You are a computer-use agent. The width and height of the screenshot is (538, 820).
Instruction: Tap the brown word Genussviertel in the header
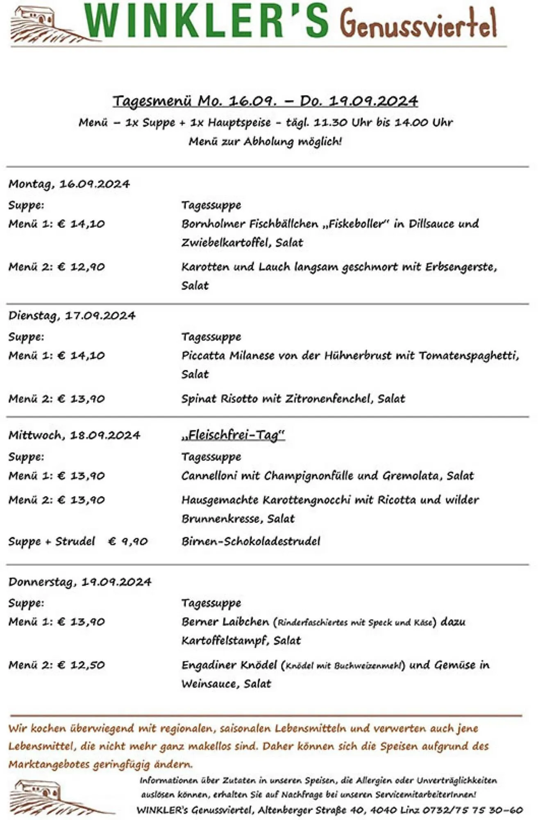(418, 23)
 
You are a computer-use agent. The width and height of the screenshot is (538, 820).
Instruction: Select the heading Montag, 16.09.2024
(69, 184)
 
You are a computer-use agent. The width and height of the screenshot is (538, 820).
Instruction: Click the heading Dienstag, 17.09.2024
(72, 316)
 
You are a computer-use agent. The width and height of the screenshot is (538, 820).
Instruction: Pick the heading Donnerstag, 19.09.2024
(80, 582)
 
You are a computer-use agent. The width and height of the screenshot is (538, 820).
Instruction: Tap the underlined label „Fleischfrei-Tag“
(233, 435)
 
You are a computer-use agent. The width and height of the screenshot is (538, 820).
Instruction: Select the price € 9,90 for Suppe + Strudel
(128, 542)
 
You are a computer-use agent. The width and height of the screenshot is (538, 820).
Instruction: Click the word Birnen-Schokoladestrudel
(251, 541)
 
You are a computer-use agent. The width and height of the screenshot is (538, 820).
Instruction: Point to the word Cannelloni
(209, 476)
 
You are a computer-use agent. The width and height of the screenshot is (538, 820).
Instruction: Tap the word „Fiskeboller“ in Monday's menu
(355, 224)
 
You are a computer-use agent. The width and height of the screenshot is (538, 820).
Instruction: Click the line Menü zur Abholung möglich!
(265, 141)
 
